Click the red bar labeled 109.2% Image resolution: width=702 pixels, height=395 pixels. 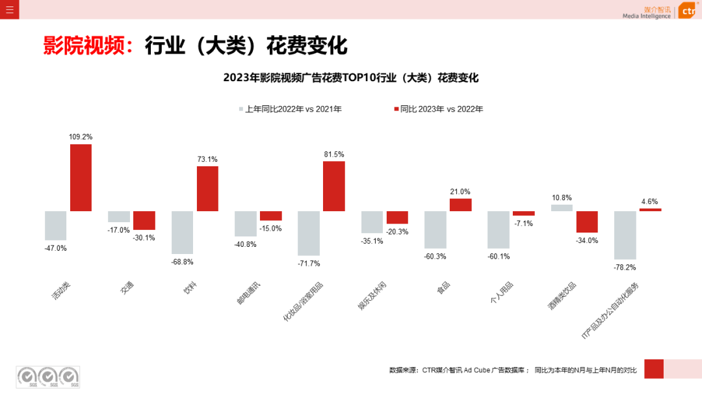[81, 177]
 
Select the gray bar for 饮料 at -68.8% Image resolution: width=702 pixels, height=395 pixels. [182, 232]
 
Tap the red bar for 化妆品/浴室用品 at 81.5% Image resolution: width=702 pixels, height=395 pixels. [333, 186]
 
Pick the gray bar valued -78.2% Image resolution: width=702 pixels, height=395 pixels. [625, 235]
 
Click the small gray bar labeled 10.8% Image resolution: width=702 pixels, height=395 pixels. [562, 208]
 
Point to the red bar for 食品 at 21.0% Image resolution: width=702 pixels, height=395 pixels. [460, 205]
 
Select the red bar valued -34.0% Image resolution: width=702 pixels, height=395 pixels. [586, 222]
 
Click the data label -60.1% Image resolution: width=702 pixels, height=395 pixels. [499, 256]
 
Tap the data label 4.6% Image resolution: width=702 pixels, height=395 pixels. [649, 201]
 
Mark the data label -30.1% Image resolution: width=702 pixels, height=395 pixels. [144, 238]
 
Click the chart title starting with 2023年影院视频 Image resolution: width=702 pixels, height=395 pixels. [351, 78]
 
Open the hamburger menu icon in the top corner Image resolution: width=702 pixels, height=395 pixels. [9, 9]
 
